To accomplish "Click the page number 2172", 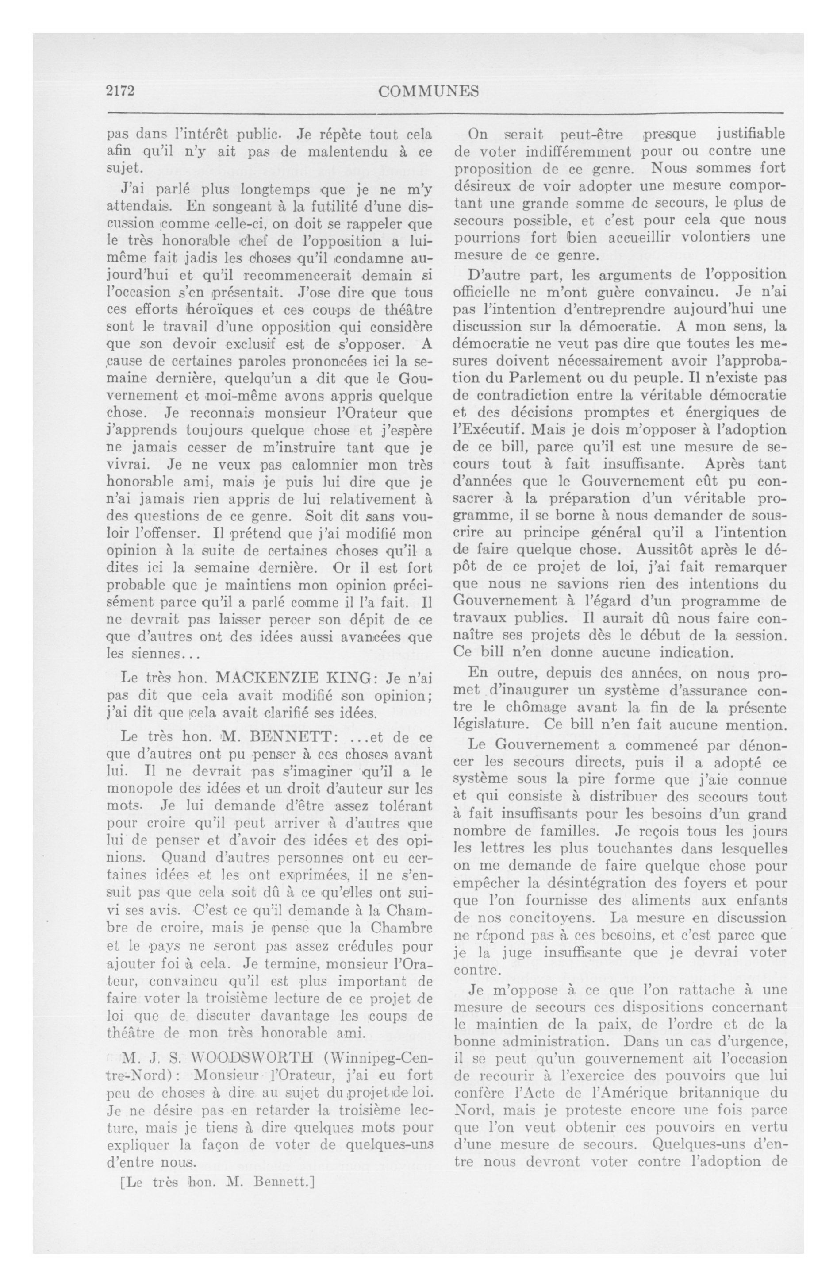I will (119, 91).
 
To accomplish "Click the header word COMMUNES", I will (428, 91).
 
